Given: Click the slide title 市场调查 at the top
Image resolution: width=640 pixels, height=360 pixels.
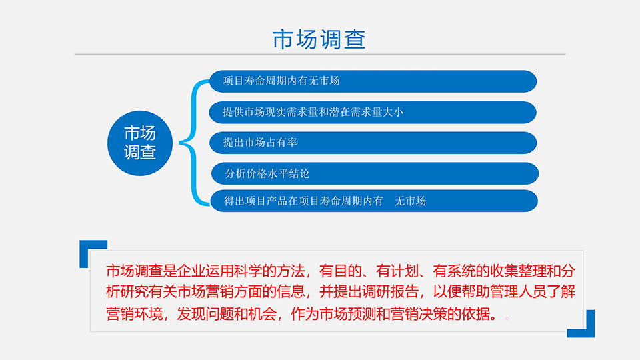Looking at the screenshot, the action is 319,39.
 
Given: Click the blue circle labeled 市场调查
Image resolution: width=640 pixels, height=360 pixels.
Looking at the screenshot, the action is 140,143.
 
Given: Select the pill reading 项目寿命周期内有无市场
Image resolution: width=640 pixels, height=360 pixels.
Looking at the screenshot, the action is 373,81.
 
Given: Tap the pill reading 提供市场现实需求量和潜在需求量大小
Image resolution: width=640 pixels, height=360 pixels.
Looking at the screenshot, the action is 373,112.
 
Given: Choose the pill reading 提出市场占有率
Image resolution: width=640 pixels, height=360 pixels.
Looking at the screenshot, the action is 373,143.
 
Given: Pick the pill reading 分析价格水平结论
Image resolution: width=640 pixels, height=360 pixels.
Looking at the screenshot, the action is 375,173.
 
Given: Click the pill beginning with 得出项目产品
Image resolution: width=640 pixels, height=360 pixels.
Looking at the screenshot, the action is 374,201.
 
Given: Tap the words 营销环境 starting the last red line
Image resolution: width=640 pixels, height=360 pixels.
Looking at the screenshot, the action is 134,314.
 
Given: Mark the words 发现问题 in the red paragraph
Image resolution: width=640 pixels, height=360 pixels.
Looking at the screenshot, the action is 205,314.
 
